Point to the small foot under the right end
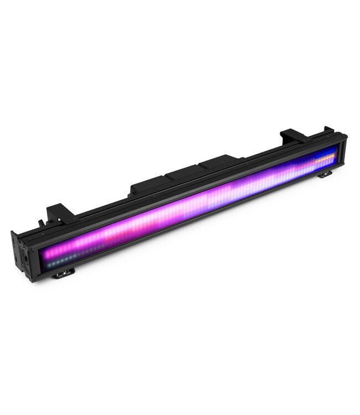(x=325, y=174)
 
